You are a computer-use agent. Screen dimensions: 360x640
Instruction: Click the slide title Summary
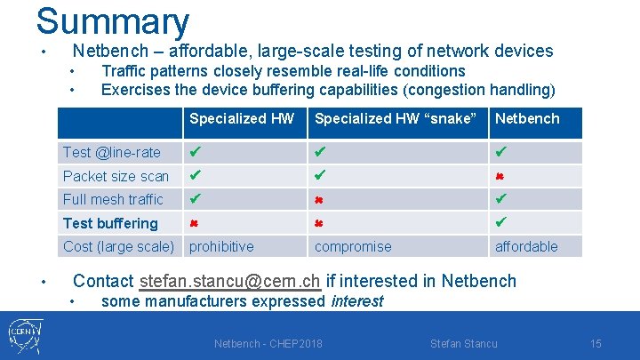click(x=113, y=21)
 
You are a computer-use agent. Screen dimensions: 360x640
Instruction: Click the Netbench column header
click(x=527, y=118)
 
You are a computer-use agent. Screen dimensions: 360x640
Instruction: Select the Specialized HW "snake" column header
click(x=396, y=118)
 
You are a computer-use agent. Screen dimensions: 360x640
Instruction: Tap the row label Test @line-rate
click(x=112, y=153)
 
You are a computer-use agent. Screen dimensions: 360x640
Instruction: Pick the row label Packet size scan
click(x=116, y=176)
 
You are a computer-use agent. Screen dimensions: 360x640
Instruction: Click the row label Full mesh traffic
click(x=113, y=199)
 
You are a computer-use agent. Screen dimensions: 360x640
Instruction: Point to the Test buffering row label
click(x=110, y=223)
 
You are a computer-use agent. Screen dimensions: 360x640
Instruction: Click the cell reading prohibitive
click(x=221, y=246)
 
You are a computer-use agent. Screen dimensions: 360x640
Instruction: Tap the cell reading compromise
click(x=353, y=246)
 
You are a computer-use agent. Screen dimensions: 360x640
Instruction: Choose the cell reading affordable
click(x=526, y=246)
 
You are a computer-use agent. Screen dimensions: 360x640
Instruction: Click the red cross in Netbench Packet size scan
click(x=501, y=176)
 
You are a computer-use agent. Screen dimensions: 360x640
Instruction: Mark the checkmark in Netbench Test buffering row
click(x=501, y=222)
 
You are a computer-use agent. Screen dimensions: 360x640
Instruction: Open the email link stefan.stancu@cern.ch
click(x=230, y=281)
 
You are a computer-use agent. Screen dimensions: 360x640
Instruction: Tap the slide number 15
click(x=596, y=344)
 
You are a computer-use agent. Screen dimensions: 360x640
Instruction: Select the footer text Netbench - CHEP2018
click(x=268, y=344)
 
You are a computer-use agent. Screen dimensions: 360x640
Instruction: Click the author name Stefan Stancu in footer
click(x=463, y=344)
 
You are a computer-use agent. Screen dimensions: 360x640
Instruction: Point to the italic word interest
click(x=356, y=301)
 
